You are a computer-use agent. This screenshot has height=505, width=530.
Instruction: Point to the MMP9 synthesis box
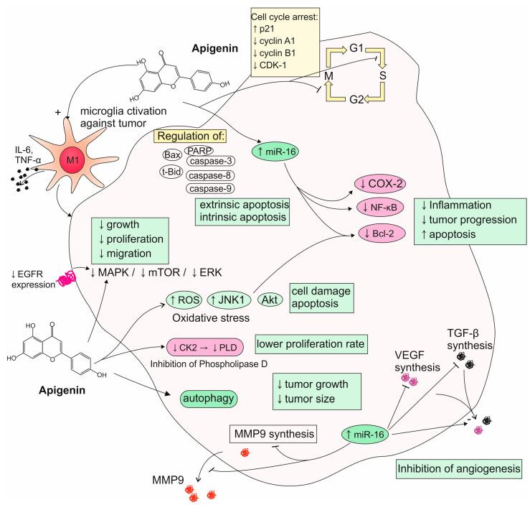click(276, 435)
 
